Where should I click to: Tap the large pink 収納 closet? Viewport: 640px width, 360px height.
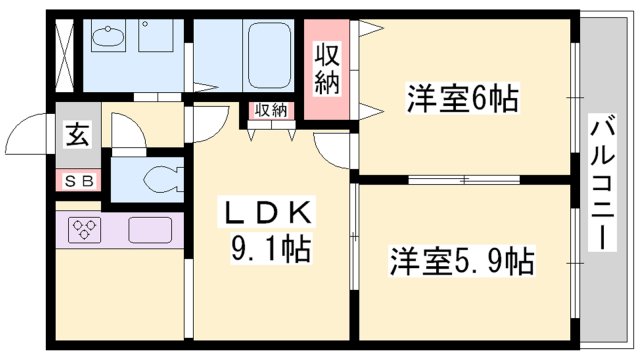point(327,67)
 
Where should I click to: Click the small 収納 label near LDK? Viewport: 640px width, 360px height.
point(269,111)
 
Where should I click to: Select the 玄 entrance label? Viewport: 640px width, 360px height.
point(76,133)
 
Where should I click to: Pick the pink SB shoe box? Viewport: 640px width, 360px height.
point(76,181)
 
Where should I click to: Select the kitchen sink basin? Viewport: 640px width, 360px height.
point(150,229)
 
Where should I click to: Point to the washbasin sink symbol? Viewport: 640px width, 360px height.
point(105,39)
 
